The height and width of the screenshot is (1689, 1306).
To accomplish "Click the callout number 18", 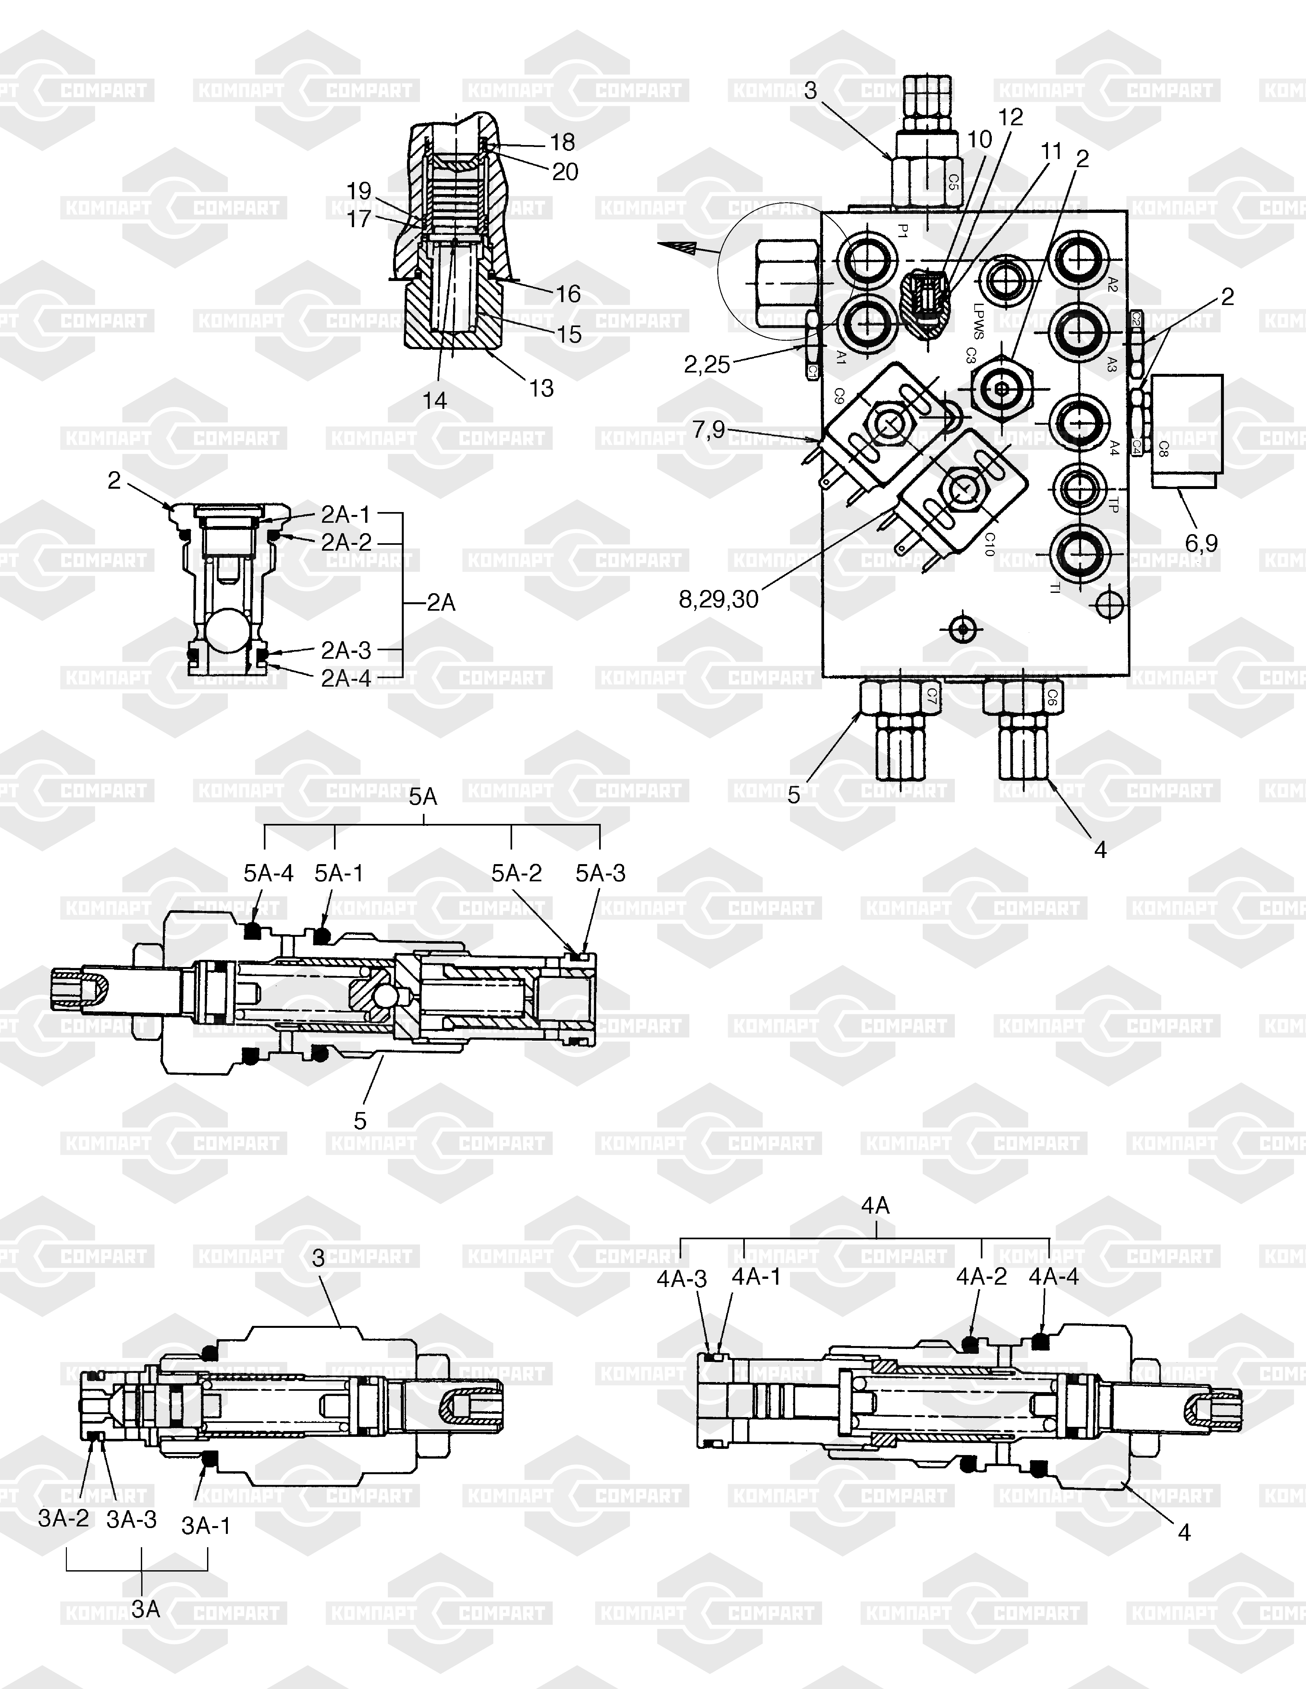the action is (562, 142).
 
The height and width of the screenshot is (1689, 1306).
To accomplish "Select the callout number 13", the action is (542, 388).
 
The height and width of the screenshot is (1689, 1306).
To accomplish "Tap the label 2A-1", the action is (346, 514).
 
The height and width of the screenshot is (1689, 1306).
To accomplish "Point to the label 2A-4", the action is (346, 678).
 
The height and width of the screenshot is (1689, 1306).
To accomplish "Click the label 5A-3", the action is (600, 873).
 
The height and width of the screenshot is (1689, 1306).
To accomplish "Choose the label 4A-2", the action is (981, 1277).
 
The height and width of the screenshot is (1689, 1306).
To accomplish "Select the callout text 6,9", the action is (1201, 544).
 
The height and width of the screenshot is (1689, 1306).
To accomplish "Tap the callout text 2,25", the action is (707, 364).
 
